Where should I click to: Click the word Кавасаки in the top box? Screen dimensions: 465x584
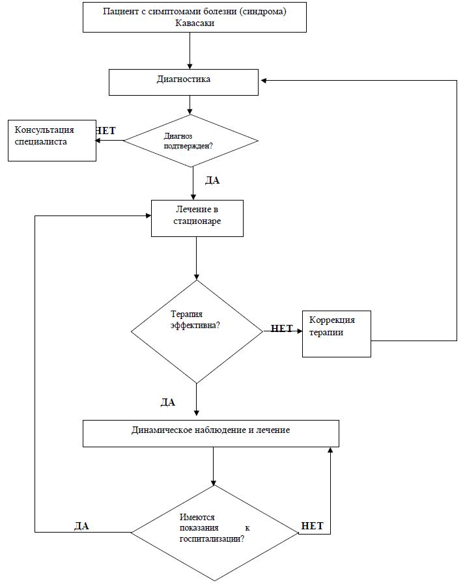click(x=195, y=23)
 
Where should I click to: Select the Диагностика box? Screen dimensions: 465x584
click(x=183, y=82)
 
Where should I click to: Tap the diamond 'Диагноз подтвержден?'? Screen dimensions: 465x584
click(x=191, y=141)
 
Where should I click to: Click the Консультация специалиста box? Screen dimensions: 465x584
click(x=52, y=141)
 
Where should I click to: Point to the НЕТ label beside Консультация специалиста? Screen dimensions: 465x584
click(x=106, y=131)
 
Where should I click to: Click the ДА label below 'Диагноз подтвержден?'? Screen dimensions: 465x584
click(x=212, y=180)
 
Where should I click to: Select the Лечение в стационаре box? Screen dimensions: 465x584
click(x=197, y=218)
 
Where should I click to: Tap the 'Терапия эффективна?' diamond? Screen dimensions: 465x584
click(x=197, y=331)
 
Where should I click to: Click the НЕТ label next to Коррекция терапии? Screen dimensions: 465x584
click(x=282, y=329)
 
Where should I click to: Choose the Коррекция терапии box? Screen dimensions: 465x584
click(x=337, y=334)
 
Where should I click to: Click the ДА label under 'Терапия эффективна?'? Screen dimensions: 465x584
click(x=167, y=402)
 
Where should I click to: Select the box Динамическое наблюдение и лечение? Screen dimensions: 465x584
click(x=211, y=434)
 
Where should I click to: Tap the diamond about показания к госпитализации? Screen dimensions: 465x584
click(x=215, y=533)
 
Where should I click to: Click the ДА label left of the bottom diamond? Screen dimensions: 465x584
click(x=81, y=526)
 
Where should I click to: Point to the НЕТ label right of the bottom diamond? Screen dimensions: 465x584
click(x=312, y=526)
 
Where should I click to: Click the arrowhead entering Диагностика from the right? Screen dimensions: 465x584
click(x=263, y=81)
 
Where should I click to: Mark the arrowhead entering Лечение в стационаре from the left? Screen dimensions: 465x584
click(x=148, y=216)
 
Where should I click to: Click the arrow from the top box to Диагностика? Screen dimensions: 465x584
click(x=190, y=51)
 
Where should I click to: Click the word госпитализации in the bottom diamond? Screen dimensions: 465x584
click(x=212, y=539)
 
